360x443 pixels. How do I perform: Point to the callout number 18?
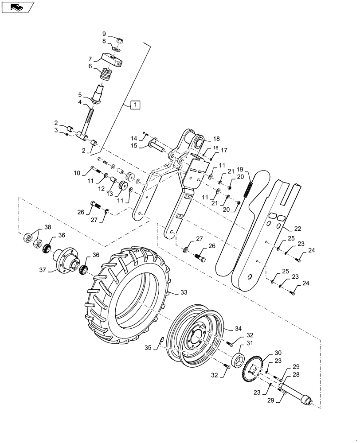point(216,139)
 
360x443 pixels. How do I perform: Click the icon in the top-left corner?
point(18,7)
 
